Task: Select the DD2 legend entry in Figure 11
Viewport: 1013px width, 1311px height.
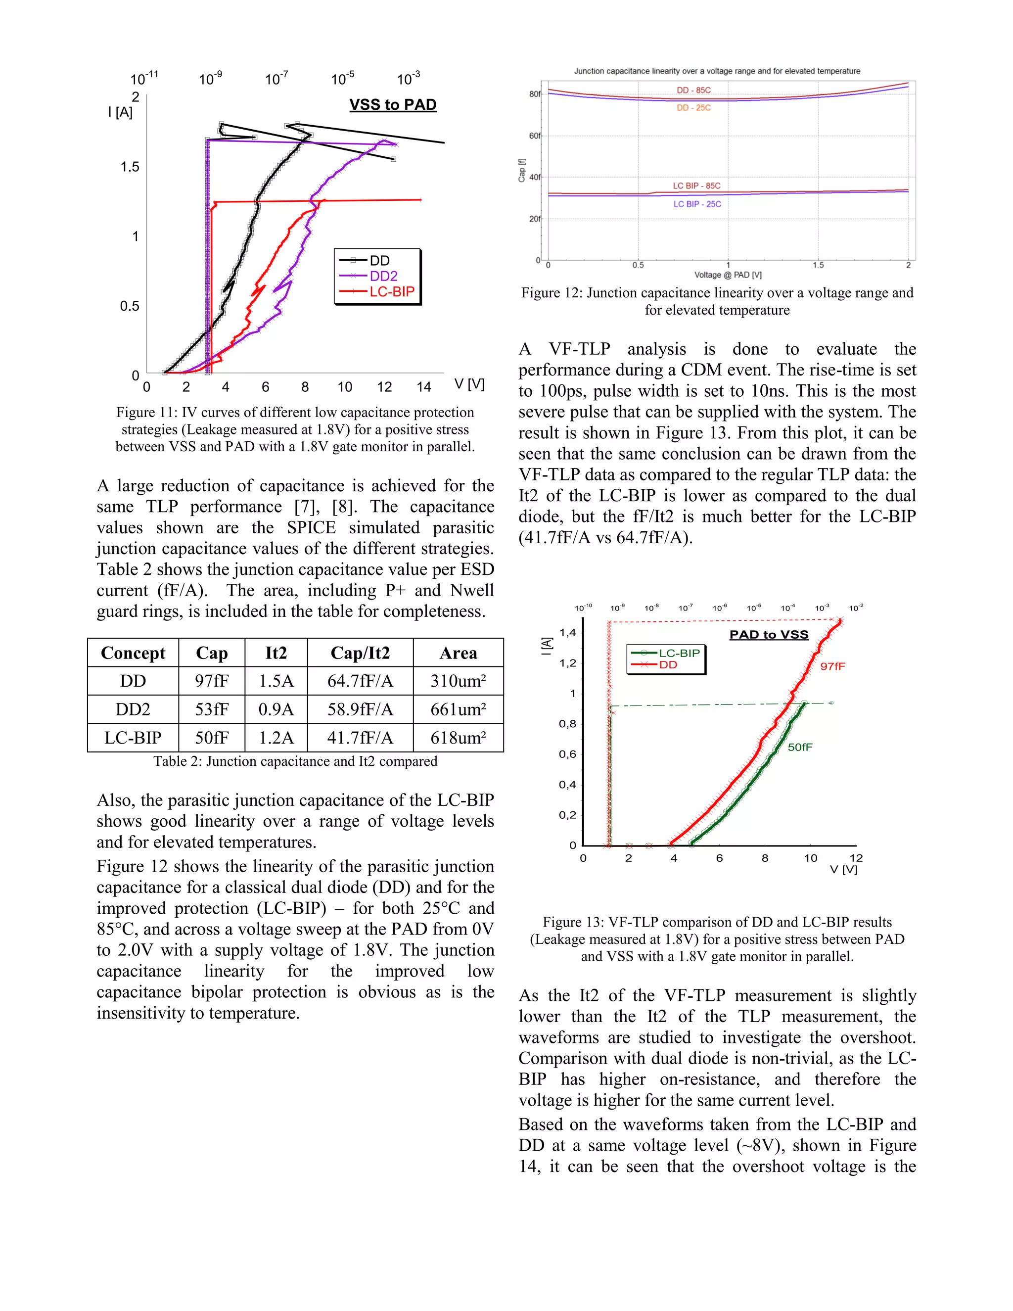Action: tap(383, 276)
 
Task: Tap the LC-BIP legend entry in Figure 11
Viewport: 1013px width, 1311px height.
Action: tap(391, 292)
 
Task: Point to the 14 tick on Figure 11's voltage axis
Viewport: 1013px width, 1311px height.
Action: tap(424, 387)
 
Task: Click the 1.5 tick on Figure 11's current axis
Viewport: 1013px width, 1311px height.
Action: tap(130, 167)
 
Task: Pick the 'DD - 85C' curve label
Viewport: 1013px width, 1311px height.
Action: tap(694, 90)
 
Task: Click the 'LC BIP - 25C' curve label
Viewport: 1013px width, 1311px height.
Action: tap(697, 204)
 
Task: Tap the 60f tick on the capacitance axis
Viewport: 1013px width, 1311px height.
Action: tap(534, 136)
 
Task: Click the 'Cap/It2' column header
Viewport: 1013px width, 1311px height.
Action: tap(360, 653)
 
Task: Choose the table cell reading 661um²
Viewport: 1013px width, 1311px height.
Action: tap(458, 709)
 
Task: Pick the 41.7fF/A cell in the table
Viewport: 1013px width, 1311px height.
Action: tap(360, 738)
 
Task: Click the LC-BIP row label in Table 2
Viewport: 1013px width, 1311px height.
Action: tap(133, 738)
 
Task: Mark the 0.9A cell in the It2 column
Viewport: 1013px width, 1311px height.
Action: tap(276, 709)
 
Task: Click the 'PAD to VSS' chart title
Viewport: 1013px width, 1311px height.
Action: tap(769, 635)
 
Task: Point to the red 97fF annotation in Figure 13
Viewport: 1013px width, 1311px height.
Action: tap(832, 666)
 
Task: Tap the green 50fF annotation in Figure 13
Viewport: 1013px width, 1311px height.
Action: tap(800, 747)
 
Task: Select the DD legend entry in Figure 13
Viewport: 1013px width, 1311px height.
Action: tap(668, 664)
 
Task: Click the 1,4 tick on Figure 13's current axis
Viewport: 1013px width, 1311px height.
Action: tap(567, 633)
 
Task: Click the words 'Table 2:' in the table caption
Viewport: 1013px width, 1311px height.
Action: tap(177, 761)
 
